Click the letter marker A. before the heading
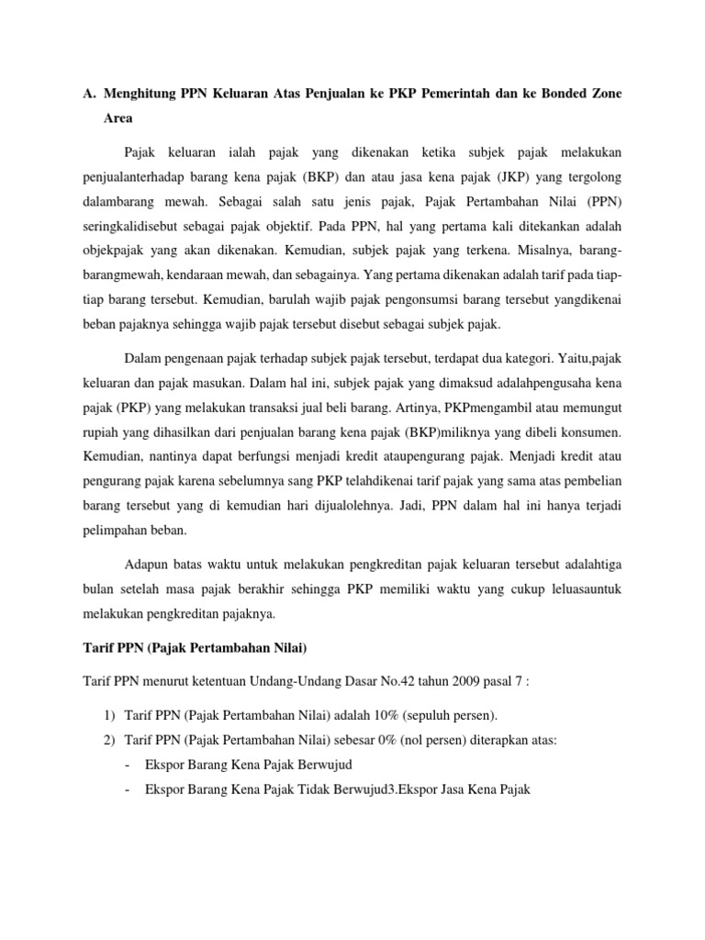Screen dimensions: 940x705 (x=89, y=94)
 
